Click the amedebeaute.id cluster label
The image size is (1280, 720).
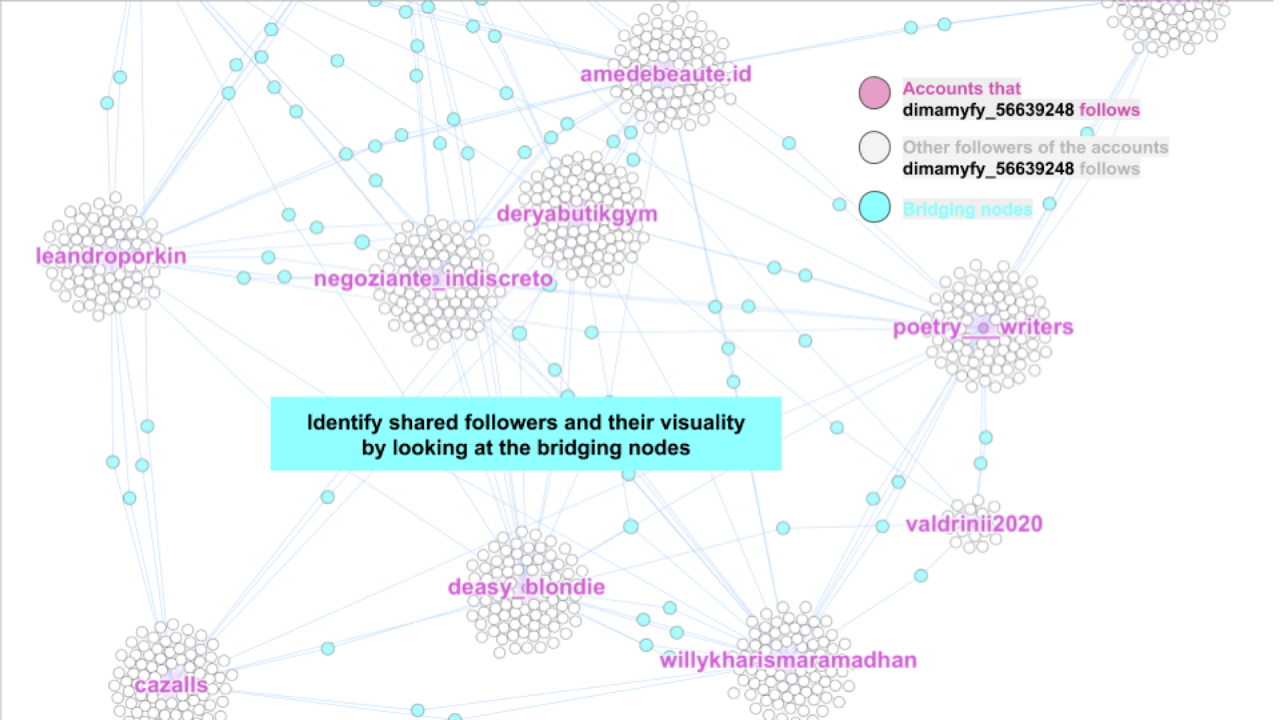pos(666,74)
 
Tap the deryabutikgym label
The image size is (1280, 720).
pos(577,214)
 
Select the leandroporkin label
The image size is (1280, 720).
pos(111,256)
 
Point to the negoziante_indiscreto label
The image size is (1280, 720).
pos(434,278)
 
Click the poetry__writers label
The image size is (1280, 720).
pos(983,327)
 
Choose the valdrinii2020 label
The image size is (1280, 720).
pos(974,524)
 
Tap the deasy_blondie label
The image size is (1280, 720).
pos(526,587)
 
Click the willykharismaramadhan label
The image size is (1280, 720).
pos(788,660)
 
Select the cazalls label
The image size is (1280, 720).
pos(171,686)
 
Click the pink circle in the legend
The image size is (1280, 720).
pos(874,93)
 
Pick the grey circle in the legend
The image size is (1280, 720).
pos(874,148)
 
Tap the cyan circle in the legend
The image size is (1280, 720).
pos(874,207)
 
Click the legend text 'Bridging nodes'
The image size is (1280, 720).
pos(967,210)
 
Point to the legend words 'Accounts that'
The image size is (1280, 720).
pos(962,89)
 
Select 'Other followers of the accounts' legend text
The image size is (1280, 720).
pos(1035,147)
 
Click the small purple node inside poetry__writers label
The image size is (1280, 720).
pos(983,328)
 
